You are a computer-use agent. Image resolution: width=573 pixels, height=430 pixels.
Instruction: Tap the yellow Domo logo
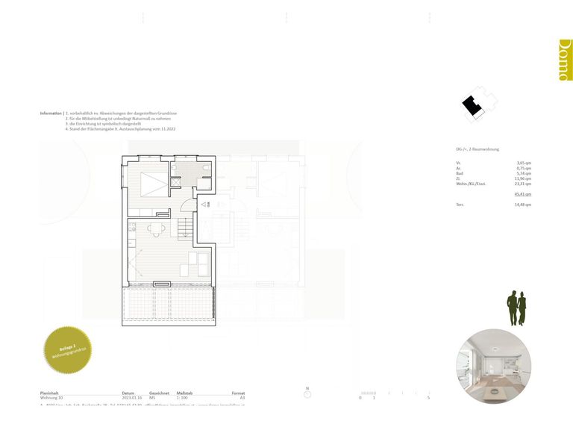click(x=565, y=60)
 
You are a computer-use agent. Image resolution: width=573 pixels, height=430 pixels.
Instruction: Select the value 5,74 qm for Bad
click(x=524, y=173)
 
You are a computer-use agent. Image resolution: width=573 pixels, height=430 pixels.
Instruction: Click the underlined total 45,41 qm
click(x=523, y=194)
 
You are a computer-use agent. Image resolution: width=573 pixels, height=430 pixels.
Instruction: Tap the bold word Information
click(x=51, y=113)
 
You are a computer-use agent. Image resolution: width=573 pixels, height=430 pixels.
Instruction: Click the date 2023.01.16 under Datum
click(x=132, y=398)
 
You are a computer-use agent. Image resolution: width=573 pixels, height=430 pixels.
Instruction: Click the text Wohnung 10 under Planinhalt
click(x=51, y=398)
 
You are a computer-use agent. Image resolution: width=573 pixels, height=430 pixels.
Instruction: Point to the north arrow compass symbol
click(x=307, y=390)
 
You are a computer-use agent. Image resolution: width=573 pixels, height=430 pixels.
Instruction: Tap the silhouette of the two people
click(x=516, y=308)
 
